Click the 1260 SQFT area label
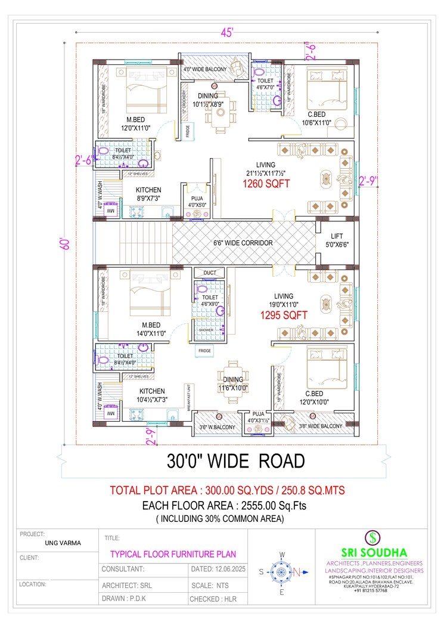click(x=266, y=184)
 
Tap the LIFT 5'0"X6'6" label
click(x=337, y=240)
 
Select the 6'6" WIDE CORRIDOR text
click(x=243, y=243)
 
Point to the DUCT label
click(x=210, y=273)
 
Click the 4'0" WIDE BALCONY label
click(x=204, y=70)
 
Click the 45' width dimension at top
click(x=226, y=33)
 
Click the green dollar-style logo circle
click(x=373, y=536)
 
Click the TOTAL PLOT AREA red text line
click(x=227, y=490)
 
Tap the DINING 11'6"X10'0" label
click(x=233, y=383)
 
